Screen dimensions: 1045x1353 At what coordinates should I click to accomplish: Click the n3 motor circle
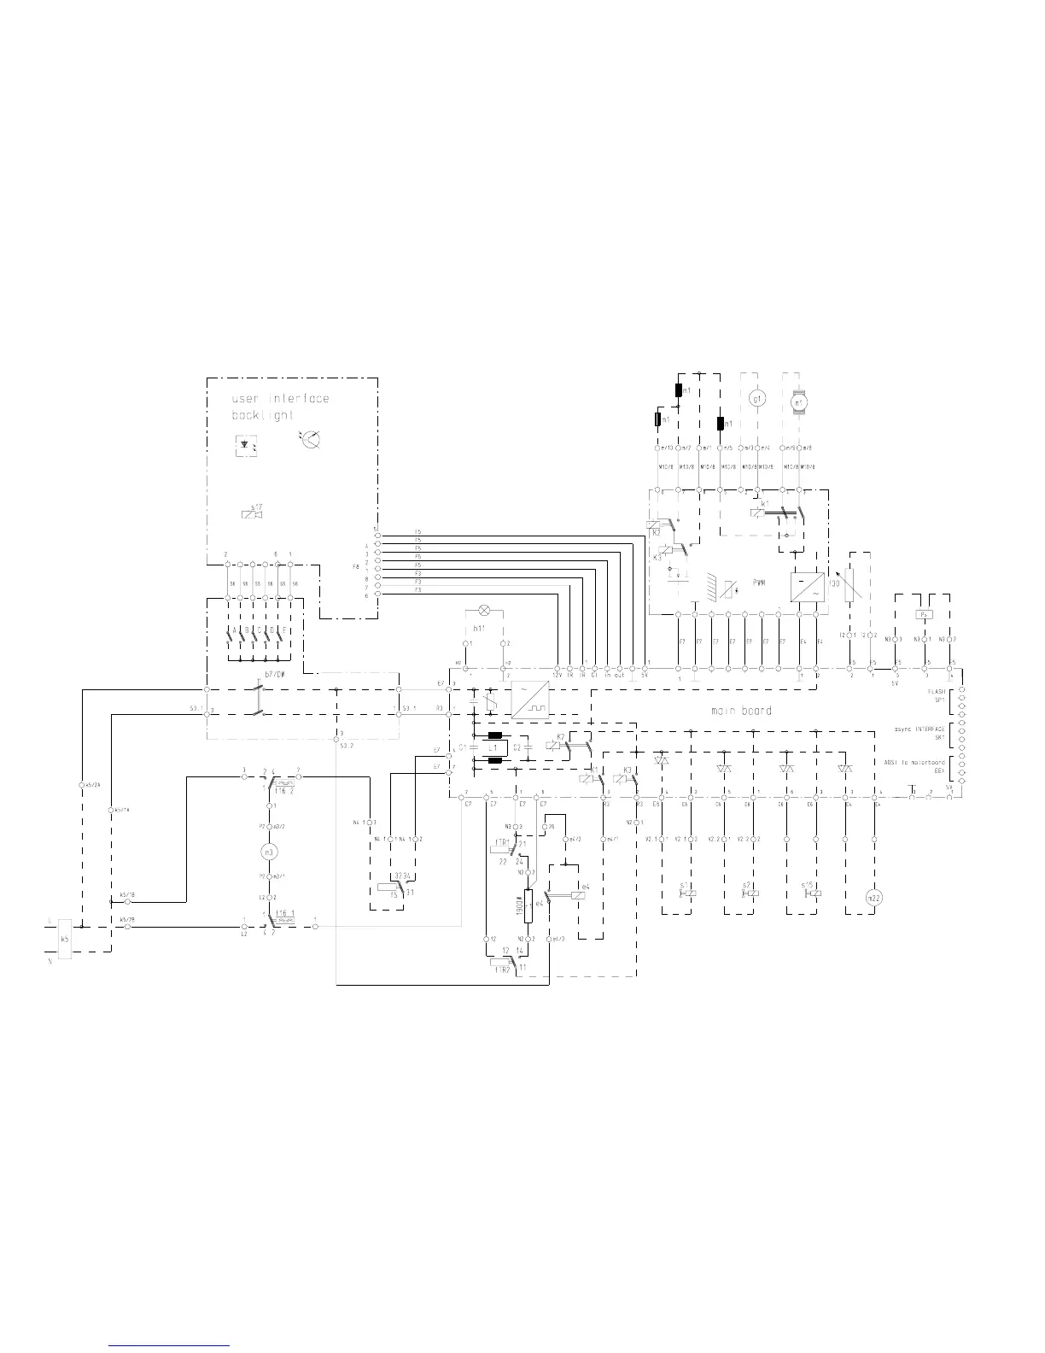(x=270, y=852)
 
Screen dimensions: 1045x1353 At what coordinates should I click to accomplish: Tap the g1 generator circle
(x=755, y=398)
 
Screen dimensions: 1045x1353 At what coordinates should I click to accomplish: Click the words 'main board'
(x=741, y=711)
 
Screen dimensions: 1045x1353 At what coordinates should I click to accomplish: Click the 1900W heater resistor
(x=528, y=905)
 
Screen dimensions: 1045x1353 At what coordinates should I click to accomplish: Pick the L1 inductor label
(x=493, y=747)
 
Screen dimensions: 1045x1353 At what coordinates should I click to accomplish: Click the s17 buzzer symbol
(x=252, y=512)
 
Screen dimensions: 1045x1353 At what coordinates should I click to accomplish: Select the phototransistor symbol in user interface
(x=312, y=439)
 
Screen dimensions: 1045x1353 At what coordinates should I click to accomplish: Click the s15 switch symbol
(x=812, y=893)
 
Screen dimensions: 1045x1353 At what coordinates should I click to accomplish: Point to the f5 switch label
(x=394, y=894)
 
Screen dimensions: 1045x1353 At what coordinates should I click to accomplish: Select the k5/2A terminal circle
(x=81, y=784)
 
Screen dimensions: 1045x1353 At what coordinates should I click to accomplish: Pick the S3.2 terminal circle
(x=338, y=733)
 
